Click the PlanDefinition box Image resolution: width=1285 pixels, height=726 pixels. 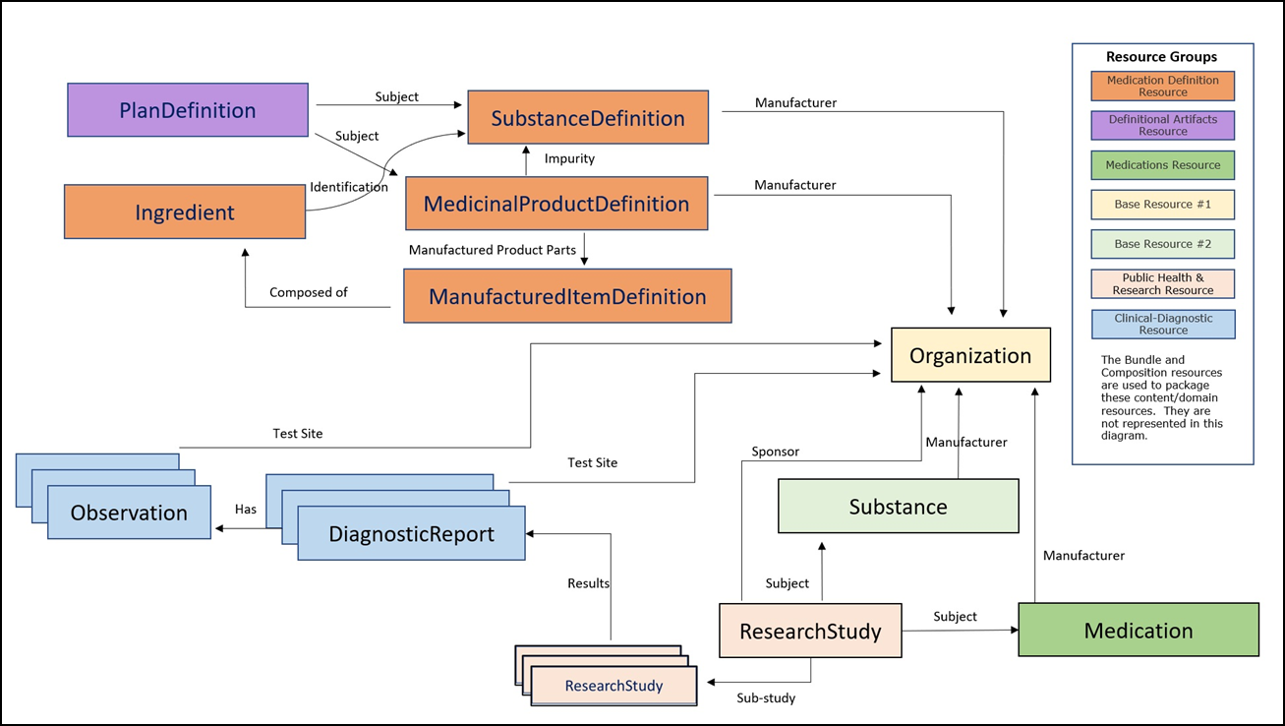click(x=187, y=110)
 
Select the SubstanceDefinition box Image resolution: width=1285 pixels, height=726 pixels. click(x=588, y=118)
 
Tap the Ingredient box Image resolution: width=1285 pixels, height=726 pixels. click(x=185, y=212)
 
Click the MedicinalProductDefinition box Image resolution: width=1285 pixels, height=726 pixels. click(x=556, y=204)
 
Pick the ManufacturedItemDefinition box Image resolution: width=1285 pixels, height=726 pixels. click(x=567, y=296)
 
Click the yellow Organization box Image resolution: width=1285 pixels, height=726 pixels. click(x=970, y=355)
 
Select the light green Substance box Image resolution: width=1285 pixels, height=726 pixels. click(x=898, y=507)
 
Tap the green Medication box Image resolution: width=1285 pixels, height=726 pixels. click(x=1138, y=630)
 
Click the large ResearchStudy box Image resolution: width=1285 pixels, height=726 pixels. click(x=810, y=631)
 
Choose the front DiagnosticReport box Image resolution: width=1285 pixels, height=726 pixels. click(x=411, y=534)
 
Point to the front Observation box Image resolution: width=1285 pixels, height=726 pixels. click(x=129, y=513)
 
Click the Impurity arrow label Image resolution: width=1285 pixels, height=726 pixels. click(x=569, y=158)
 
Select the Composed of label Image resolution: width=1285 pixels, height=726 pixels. click(x=309, y=292)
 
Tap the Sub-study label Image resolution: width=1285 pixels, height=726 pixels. click(x=766, y=698)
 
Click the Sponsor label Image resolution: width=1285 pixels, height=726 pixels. click(x=775, y=452)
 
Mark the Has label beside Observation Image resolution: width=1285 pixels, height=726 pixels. click(x=246, y=510)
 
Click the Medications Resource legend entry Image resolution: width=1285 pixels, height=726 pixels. click(x=1162, y=165)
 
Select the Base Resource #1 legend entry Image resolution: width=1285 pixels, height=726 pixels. click(x=1162, y=205)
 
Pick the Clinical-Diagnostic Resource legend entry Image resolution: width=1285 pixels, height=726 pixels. click(x=1162, y=324)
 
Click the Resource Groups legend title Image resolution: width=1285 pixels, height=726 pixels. click(x=1161, y=57)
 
